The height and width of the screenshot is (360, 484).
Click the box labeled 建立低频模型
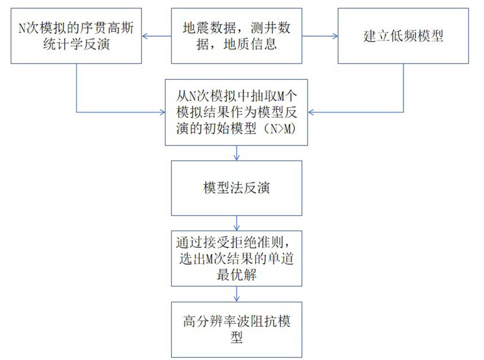point(403,36)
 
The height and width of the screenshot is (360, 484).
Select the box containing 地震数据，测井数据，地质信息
point(236,36)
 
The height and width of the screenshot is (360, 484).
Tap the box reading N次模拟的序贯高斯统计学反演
point(76,36)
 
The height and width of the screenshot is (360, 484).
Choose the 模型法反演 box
point(236,188)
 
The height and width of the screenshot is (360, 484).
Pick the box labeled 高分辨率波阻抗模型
point(236,329)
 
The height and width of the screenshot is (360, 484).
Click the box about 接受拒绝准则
point(236,258)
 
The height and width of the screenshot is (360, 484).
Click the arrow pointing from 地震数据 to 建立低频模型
point(319,36)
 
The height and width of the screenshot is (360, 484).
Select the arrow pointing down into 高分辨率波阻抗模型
point(237,294)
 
